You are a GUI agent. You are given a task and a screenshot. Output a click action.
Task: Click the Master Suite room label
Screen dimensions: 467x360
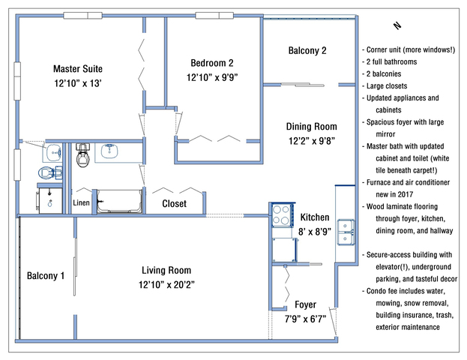(78, 69)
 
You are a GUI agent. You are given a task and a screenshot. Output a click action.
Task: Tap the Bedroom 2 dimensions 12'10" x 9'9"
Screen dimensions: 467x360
(212, 77)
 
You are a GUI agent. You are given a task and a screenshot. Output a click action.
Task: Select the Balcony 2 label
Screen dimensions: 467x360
(307, 50)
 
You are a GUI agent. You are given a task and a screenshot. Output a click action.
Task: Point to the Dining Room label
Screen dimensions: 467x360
(312, 126)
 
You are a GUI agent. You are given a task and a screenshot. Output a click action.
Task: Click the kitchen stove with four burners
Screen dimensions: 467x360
(282, 214)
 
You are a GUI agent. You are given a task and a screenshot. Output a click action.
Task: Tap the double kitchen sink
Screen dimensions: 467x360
(346, 232)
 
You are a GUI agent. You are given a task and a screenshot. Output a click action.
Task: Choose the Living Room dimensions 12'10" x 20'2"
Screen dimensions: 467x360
(166, 285)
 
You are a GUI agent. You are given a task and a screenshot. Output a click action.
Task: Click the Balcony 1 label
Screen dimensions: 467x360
(46, 276)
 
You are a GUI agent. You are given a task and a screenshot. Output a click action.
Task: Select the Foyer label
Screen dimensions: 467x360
(305, 304)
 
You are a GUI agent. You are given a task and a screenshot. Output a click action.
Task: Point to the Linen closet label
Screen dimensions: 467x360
(81, 203)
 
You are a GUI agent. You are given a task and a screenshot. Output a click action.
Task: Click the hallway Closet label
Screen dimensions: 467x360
(174, 203)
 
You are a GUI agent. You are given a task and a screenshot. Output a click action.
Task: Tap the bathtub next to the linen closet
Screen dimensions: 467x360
(119, 201)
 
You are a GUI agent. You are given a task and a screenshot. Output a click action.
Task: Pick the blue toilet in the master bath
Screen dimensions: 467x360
(50, 172)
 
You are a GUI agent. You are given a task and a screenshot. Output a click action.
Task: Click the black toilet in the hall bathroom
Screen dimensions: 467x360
(82, 155)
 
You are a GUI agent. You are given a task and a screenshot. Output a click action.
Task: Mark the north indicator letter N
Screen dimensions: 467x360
(397, 26)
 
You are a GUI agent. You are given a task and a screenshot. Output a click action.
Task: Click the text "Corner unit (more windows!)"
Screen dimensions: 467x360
(411, 49)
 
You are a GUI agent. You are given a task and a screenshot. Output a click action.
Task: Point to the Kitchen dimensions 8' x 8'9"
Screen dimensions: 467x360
(315, 232)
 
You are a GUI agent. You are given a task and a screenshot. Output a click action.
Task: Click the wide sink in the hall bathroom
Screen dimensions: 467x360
(109, 151)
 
